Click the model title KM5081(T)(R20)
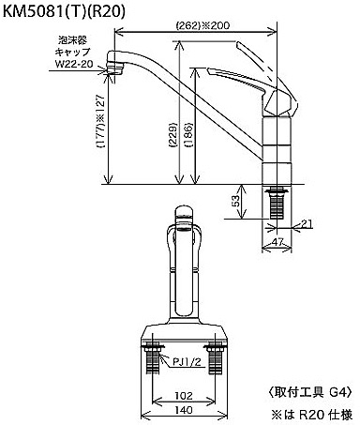(x=64, y=12)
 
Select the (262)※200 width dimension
(x=202, y=25)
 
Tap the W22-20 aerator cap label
(x=74, y=64)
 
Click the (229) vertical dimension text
(x=172, y=135)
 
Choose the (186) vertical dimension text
(x=188, y=135)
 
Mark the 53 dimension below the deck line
(x=236, y=201)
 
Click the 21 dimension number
(x=307, y=223)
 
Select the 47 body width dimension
(x=277, y=242)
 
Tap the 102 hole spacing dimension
(x=184, y=396)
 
